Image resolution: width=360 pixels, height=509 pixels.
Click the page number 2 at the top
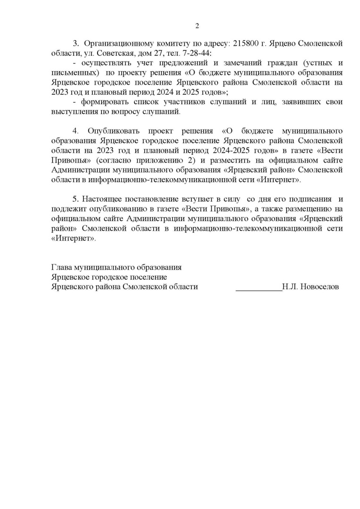click(197, 25)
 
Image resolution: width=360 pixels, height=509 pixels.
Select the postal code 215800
click(245, 43)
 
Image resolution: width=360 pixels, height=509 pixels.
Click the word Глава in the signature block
click(63, 267)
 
